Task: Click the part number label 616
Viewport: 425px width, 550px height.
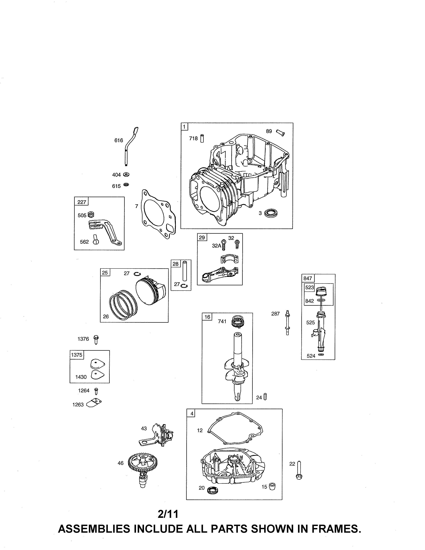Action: pos(119,140)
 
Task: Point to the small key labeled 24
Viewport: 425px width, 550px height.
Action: pos(265,397)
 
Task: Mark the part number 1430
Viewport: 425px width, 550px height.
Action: pos(81,377)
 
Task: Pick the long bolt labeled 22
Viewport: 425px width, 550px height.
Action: pos(299,470)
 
